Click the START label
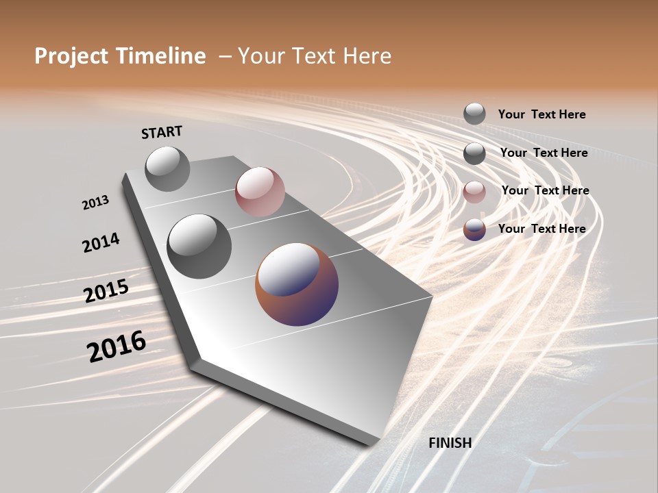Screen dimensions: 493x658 [162, 132]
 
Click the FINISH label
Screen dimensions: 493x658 [450, 443]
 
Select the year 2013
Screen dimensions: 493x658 [95, 203]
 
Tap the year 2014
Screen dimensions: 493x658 [101, 243]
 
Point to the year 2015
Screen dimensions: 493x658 [106, 291]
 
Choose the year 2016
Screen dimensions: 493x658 [117, 346]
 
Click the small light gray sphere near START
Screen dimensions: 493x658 [167, 168]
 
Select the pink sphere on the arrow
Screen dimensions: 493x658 [260, 192]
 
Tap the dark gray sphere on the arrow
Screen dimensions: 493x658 [199, 246]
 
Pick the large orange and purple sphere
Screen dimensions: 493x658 [297, 283]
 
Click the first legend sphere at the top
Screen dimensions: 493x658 [474, 114]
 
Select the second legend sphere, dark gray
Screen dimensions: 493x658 [474, 153]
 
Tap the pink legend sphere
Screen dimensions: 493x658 [474, 191]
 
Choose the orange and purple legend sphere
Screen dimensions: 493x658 [474, 229]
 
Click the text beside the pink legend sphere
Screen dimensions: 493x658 [545, 190]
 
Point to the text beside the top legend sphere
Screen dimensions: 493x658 [541, 114]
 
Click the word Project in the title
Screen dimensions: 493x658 [71, 56]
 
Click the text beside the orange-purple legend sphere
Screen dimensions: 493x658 [541, 229]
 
